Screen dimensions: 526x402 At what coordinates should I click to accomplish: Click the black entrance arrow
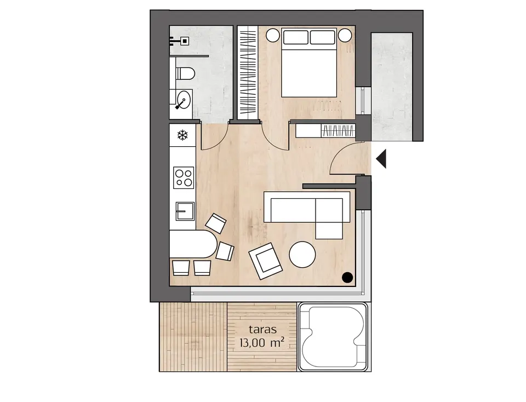pyautogui.click(x=382, y=159)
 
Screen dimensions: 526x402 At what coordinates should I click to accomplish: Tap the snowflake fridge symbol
pyautogui.click(x=182, y=135)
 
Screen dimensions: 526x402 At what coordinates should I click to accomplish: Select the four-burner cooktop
pyautogui.click(x=184, y=177)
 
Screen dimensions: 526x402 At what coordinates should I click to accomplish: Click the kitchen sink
pyautogui.click(x=185, y=211)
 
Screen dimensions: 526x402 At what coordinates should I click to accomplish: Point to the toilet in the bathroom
pyautogui.click(x=185, y=73)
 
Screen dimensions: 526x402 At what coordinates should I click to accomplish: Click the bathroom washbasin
pyautogui.click(x=183, y=100)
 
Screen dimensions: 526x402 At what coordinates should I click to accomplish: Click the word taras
pyautogui.click(x=262, y=329)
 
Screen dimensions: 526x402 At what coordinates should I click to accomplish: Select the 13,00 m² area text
pyautogui.click(x=262, y=342)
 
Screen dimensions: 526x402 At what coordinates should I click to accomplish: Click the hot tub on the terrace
pyautogui.click(x=333, y=336)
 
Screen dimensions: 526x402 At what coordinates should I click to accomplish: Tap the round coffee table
pyautogui.click(x=302, y=255)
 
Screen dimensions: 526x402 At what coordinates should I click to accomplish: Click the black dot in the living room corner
pyautogui.click(x=347, y=277)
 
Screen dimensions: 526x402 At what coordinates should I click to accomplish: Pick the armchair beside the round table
pyautogui.click(x=265, y=261)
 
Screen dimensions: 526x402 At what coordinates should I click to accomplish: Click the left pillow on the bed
pyautogui.click(x=295, y=37)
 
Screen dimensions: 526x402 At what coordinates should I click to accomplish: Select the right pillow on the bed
pyautogui.click(x=322, y=37)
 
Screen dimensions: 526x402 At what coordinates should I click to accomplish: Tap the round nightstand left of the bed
pyautogui.click(x=273, y=35)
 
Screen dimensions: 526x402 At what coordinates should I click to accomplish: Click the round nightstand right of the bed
pyautogui.click(x=345, y=35)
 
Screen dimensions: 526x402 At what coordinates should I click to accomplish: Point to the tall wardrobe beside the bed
pyautogui.click(x=248, y=72)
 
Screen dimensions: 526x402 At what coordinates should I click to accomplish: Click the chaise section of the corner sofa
pyautogui.click(x=329, y=219)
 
